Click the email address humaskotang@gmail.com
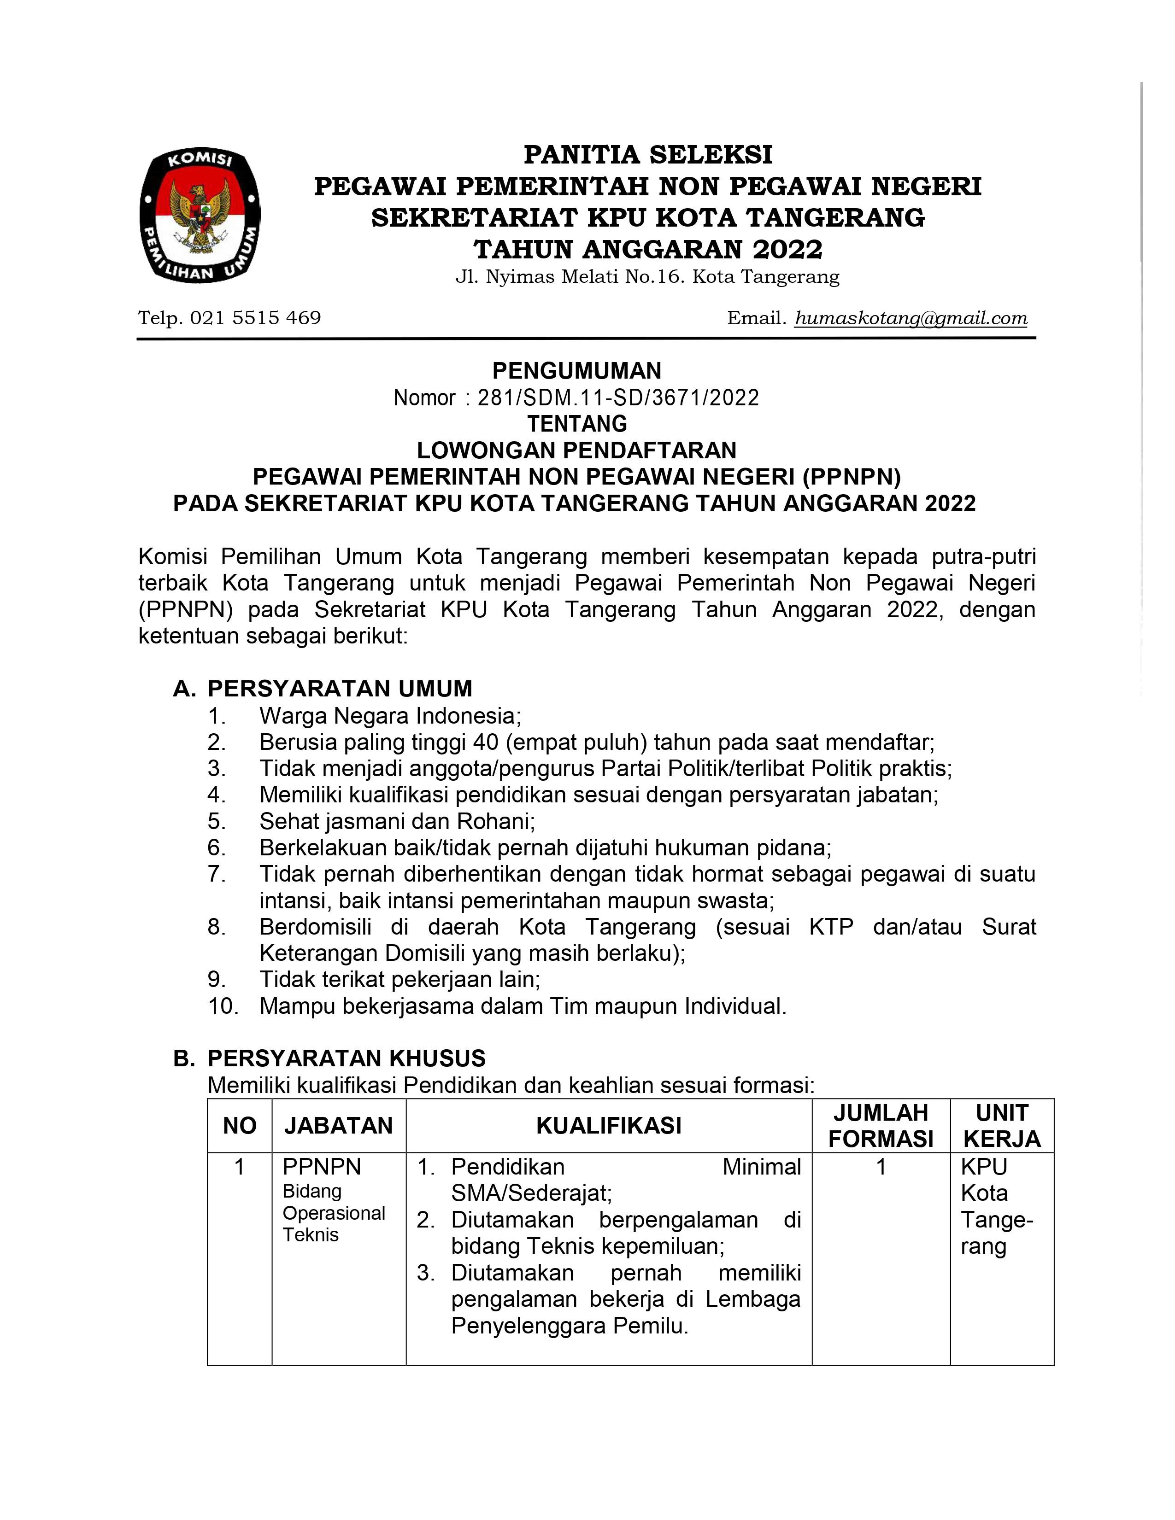[911, 318]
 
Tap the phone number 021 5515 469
[255, 318]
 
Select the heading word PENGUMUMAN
[576, 370]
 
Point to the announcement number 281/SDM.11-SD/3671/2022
[618, 398]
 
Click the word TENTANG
[576, 424]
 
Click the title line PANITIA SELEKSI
[647, 154]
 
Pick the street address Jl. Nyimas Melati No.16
[570, 277]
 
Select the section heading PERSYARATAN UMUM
[340, 689]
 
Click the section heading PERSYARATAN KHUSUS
[346, 1058]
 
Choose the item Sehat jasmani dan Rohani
[397, 821]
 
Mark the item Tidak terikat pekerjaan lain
[399, 980]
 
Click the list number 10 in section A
[223, 1006]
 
